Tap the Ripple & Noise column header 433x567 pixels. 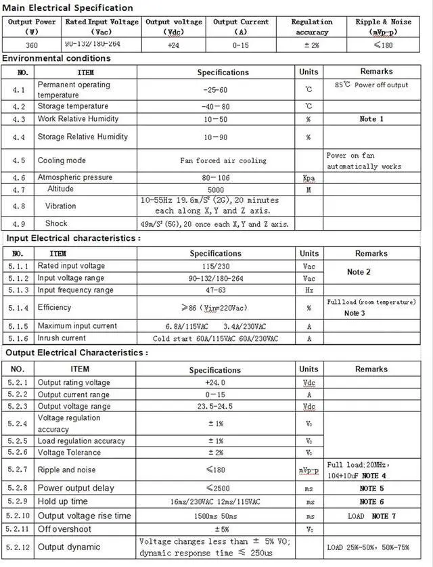pyautogui.click(x=383, y=26)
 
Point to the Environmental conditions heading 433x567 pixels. pyautogui.click(x=56, y=58)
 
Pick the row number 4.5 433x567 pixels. pyautogui.click(x=19, y=160)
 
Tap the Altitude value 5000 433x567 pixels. pyautogui.click(x=215, y=189)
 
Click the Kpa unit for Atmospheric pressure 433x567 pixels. pyautogui.click(x=308, y=178)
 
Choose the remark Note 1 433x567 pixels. pyautogui.click(x=371, y=119)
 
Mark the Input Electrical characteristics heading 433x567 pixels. pyautogui.click(x=74, y=238)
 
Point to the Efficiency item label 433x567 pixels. pyautogui.click(x=54, y=307)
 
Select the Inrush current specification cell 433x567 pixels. pyautogui.click(x=215, y=338)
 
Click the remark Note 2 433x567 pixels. pyautogui.click(x=359, y=272)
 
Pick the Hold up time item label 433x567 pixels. pyautogui.click(x=62, y=501)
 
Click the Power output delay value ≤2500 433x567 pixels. pyautogui.click(x=214, y=488)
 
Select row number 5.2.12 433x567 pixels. pyautogui.click(x=18, y=547)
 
